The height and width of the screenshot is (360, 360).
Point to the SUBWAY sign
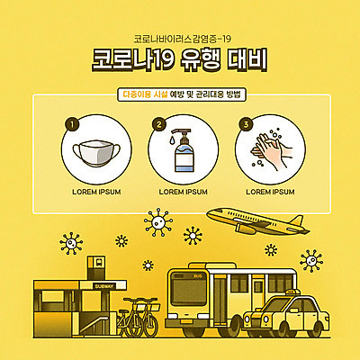click(x=104, y=285)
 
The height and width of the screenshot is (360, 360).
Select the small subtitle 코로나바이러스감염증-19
click(x=180, y=39)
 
